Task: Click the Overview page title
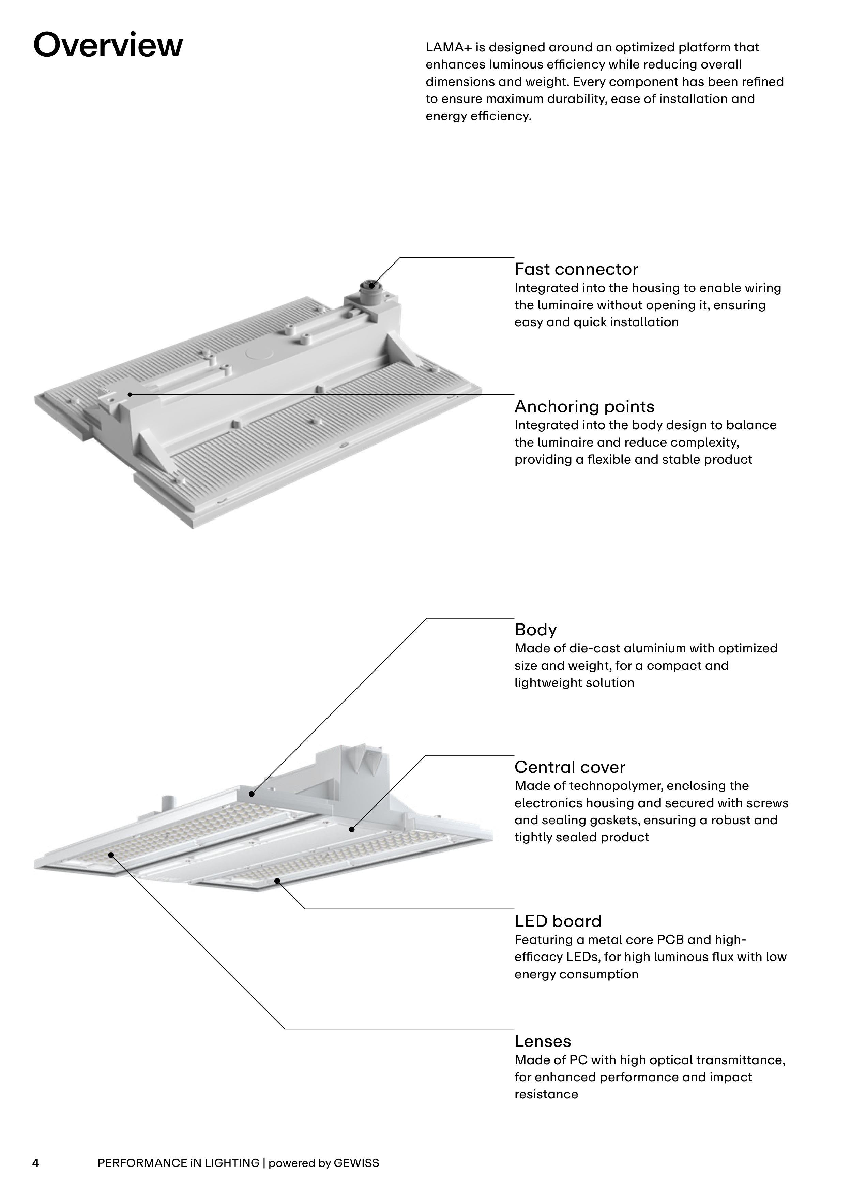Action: pyautogui.click(x=108, y=46)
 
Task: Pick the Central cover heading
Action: pyautogui.click(x=569, y=767)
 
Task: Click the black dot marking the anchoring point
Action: pyautogui.click(x=130, y=394)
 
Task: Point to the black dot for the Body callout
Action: pyautogui.click(x=252, y=794)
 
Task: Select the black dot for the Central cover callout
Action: pyautogui.click(x=352, y=829)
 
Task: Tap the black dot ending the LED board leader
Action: pyautogui.click(x=277, y=881)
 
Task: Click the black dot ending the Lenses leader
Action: pyautogui.click(x=111, y=855)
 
